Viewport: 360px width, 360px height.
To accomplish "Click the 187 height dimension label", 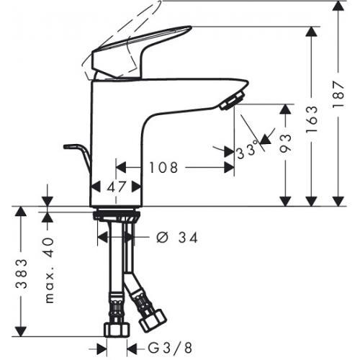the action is [x=338, y=95].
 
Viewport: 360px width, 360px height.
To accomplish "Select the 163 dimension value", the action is [x=312, y=120].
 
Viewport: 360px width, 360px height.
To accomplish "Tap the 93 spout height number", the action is [x=286, y=143].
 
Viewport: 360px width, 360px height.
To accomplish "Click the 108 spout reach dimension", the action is [x=163, y=167].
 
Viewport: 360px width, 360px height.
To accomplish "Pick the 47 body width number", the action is [x=117, y=186].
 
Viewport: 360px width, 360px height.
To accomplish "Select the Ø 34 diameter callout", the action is [x=177, y=238].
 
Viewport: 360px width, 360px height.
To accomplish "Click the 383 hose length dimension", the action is [x=21, y=274].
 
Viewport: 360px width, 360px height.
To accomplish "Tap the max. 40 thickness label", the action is [x=50, y=271].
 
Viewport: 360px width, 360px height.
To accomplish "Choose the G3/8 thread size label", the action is [x=170, y=348].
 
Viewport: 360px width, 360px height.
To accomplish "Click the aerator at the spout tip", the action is [x=233, y=100].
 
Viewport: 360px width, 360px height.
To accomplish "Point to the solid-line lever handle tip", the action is [x=189, y=28].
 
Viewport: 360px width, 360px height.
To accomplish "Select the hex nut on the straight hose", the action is [x=117, y=330].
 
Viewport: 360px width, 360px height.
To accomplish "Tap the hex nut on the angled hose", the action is [x=153, y=320].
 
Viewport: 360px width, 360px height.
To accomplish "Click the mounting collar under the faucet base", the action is [x=116, y=215].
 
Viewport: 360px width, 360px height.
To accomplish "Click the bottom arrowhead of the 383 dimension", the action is [x=21, y=331].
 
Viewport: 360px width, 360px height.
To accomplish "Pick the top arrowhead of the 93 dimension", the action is [x=286, y=109].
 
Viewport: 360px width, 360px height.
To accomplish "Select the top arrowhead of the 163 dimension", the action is [x=312, y=32].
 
